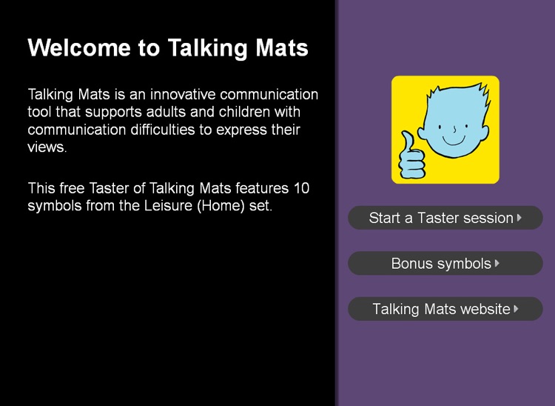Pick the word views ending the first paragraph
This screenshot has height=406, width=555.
[x=47, y=147]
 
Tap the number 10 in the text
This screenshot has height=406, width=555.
[x=301, y=188]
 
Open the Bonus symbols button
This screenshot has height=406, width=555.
[x=445, y=263]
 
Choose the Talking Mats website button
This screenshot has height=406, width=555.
[x=445, y=309]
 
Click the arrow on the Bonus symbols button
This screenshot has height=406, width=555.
[x=497, y=263]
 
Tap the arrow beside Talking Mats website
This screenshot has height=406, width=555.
[x=516, y=309]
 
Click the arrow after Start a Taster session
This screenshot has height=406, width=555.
[x=519, y=218]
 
